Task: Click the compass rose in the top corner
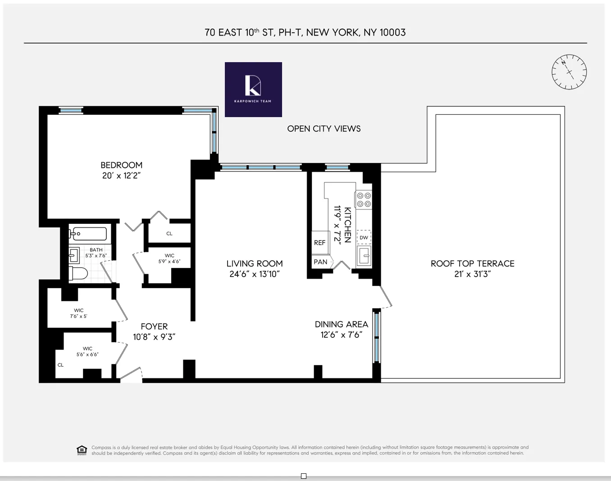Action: [x=569, y=72]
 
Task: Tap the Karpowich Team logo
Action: [x=253, y=90]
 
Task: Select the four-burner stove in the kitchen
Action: [x=363, y=200]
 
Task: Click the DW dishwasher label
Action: [x=364, y=237]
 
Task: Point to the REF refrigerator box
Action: [x=319, y=243]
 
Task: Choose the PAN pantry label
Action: [x=320, y=262]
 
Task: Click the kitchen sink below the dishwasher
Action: [x=364, y=256]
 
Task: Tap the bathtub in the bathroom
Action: [x=88, y=234]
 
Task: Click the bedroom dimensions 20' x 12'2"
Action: [x=121, y=176]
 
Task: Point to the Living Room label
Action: [x=255, y=263]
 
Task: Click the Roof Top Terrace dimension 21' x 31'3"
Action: [x=472, y=274]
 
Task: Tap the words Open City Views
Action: [x=324, y=129]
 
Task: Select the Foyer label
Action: [x=154, y=327]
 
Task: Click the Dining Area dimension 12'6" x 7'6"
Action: [x=341, y=335]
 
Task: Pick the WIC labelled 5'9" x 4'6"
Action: [x=169, y=259]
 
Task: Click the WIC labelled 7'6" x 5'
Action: [x=78, y=313]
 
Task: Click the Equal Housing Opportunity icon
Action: [x=82, y=450]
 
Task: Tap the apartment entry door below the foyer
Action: [x=131, y=376]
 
